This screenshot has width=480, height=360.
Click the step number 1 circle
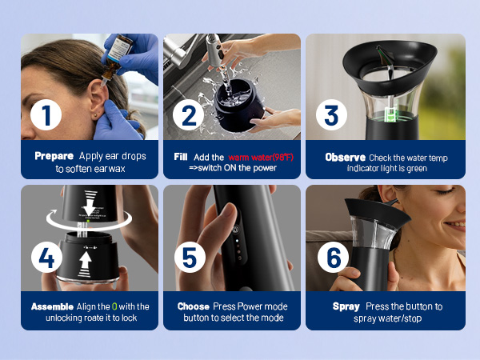[x=46, y=114]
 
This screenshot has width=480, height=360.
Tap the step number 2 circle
[x=188, y=114]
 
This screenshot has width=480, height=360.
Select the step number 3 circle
[x=331, y=114]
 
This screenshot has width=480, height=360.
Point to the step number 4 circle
[x=46, y=257]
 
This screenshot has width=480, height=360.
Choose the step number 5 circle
[x=190, y=257]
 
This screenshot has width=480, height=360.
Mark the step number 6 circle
[x=333, y=257]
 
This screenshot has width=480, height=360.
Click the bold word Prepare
[x=54, y=156]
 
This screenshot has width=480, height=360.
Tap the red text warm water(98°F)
[x=261, y=158]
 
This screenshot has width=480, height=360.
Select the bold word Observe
[x=346, y=158]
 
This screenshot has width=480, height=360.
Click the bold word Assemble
[x=52, y=306]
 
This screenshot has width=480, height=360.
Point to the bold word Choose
[x=193, y=306]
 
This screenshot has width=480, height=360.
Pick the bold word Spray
[x=346, y=306]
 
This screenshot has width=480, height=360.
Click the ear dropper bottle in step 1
[x=116, y=58]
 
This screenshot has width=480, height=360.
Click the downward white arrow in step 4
[x=90, y=203]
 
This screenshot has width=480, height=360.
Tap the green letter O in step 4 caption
[x=114, y=306]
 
